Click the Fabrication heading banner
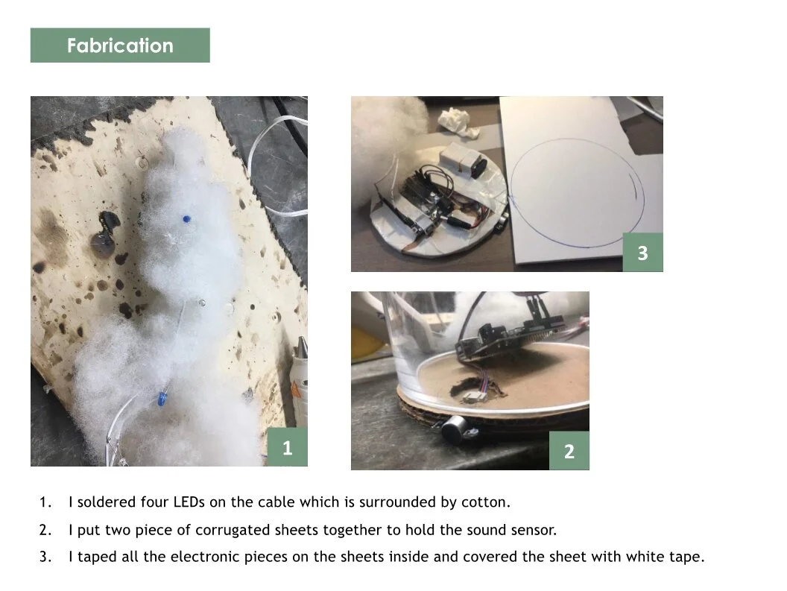tap(120, 45)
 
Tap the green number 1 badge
tap(287, 447)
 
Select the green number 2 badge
tap(569, 451)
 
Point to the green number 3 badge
tap(643, 253)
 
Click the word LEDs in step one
tap(189, 502)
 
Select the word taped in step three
tap(97, 557)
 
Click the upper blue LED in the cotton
tap(186, 219)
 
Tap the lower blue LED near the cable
tap(161, 399)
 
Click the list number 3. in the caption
tap(45, 557)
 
